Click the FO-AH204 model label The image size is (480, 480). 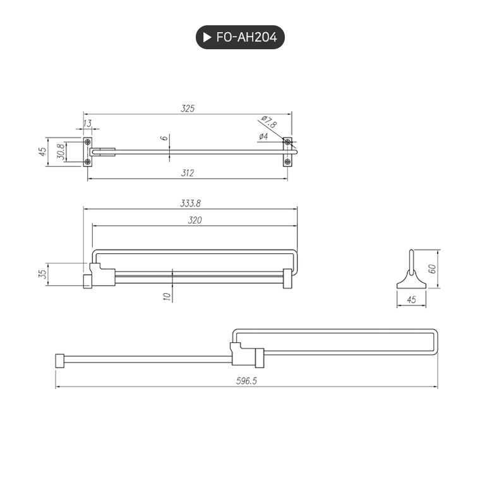coord(246,38)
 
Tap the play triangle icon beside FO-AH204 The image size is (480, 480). coord(207,38)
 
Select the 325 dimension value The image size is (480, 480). coord(187,109)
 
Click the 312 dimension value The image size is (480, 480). coord(187,172)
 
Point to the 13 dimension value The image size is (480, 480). coord(87,123)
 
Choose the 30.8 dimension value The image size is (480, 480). coord(60,152)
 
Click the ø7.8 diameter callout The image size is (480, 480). coord(267,121)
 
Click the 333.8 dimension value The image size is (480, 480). coord(190,203)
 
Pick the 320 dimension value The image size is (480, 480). coord(195,220)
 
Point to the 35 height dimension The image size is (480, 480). coord(42,274)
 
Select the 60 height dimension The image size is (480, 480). coord(432,268)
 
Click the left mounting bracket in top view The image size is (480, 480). coord(88,152)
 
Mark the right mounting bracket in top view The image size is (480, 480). coord(287,152)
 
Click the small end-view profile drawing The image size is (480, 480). coord(411,272)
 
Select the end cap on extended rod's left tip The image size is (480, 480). coord(61,361)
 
